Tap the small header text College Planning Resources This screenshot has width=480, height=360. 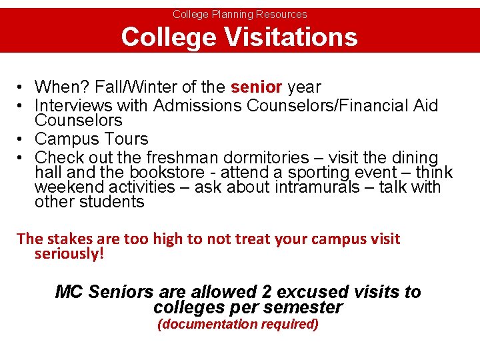click(240, 14)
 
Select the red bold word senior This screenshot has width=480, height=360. click(257, 87)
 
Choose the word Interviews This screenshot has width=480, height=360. click(74, 105)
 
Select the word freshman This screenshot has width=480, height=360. click(189, 158)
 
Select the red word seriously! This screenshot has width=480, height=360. click(69, 254)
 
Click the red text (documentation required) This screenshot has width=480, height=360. click(237, 325)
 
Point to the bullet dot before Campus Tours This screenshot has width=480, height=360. click(21, 139)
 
